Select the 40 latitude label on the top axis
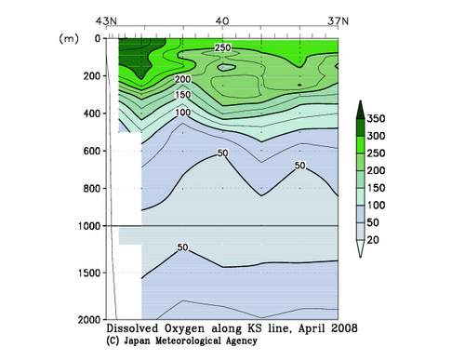pos(222,20)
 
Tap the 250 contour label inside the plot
pos(223,47)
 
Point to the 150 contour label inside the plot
pos(182,95)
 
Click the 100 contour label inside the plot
pos(182,113)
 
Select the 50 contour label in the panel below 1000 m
pos(182,247)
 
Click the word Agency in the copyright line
pos(258,341)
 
